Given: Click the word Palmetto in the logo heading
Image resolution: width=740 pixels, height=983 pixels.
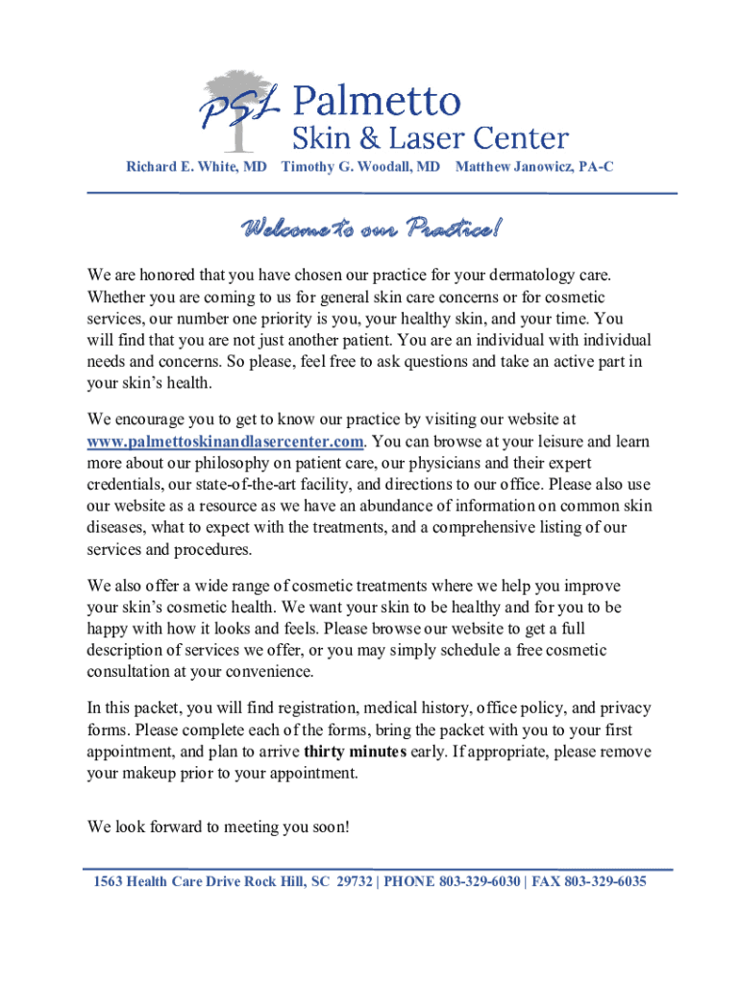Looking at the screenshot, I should (377, 99).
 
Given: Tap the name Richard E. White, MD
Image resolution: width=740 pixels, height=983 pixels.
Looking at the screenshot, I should (197, 167).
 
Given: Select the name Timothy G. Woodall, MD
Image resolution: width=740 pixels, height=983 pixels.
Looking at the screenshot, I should (360, 167).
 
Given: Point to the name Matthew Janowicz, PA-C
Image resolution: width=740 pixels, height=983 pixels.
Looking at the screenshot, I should (534, 167).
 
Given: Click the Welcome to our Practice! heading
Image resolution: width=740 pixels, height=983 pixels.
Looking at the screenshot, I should (370, 229).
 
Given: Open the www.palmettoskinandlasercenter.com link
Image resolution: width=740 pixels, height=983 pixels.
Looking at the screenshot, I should (226, 441).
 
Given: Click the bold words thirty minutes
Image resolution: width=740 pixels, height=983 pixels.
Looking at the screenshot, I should (354, 751).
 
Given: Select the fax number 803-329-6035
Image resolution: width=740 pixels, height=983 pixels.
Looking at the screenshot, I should (604, 881).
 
